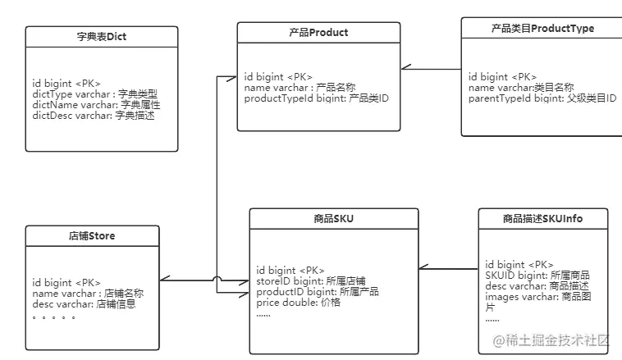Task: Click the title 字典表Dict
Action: click(101, 37)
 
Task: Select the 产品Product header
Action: click(318, 33)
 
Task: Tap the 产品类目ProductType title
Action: click(542, 29)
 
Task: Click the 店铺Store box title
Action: click(91, 236)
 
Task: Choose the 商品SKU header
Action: click(333, 219)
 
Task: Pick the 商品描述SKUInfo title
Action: click(543, 219)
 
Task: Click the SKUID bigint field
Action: click(537, 276)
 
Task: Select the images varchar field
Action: click(537, 297)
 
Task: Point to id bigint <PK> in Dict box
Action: click(66, 84)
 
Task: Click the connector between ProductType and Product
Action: click(431, 69)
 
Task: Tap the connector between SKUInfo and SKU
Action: click(448, 268)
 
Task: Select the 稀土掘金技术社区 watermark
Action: click(551, 339)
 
